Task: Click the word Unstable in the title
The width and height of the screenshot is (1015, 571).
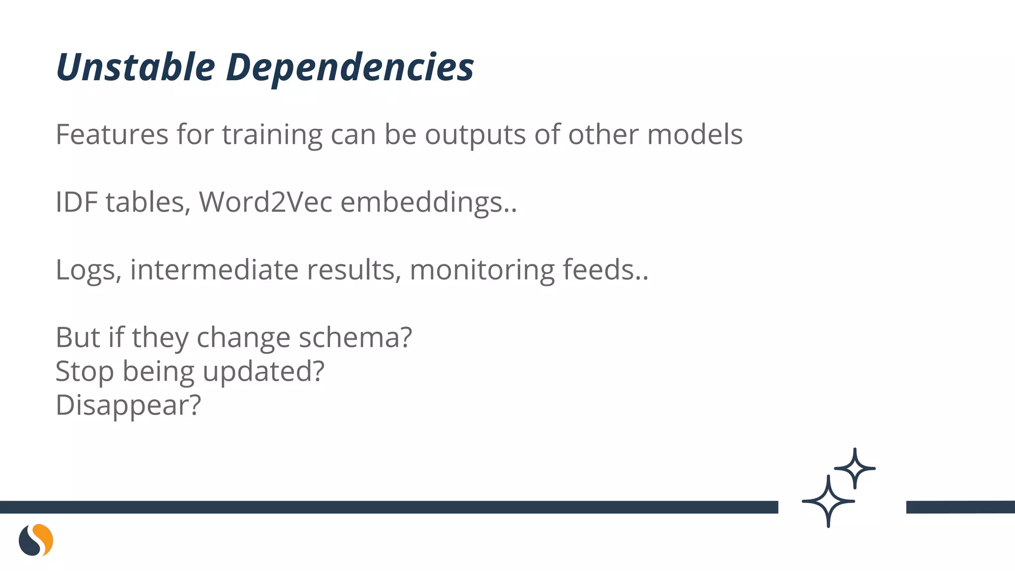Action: [x=135, y=67]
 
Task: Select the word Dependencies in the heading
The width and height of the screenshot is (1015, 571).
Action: [x=350, y=68]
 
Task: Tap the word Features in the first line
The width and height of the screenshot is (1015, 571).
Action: [x=112, y=134]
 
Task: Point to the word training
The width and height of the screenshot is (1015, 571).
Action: [x=272, y=135]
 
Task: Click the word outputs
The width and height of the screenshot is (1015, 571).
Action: [x=475, y=135]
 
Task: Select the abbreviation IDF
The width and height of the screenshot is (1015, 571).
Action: [x=76, y=202]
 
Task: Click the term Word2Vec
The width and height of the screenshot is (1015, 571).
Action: [x=265, y=202]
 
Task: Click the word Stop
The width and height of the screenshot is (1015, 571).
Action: [x=85, y=372]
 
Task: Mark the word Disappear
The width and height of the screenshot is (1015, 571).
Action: [x=128, y=405]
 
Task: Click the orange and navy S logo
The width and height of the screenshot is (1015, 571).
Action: [x=36, y=540]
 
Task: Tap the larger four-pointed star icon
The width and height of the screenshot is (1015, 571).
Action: [x=828, y=501]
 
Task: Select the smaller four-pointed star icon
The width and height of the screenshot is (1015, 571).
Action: [x=855, y=468]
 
